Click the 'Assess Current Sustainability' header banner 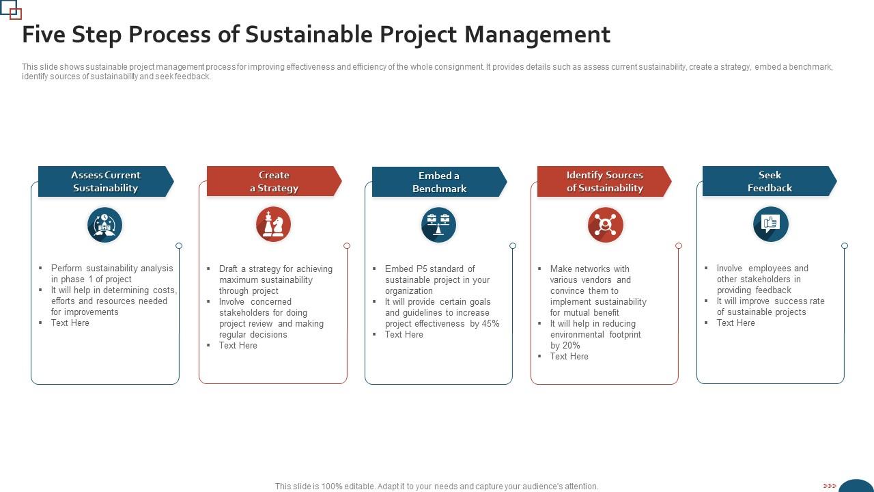click(x=106, y=182)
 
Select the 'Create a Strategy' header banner click(x=274, y=182)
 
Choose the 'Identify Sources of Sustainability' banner click(x=604, y=182)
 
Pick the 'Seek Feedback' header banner click(x=770, y=182)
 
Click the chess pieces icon click(x=273, y=224)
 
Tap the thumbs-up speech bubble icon click(x=771, y=224)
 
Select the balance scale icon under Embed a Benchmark click(x=438, y=225)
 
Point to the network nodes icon click(x=605, y=225)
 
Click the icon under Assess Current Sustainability click(x=105, y=225)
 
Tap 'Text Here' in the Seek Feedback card click(x=735, y=323)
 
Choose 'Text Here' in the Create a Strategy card click(x=238, y=346)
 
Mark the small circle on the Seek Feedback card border click(x=845, y=246)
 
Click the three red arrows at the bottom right click(x=830, y=486)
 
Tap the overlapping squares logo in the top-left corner click(x=12, y=10)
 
